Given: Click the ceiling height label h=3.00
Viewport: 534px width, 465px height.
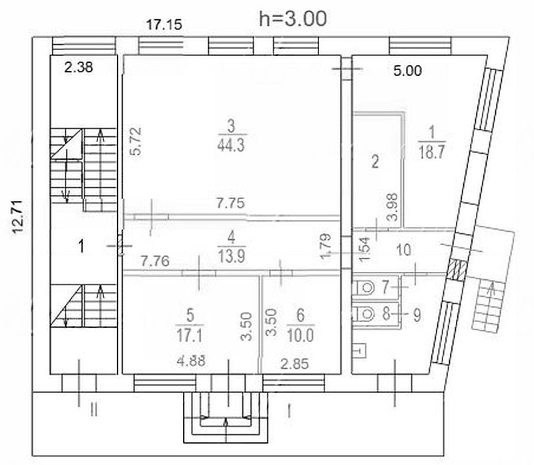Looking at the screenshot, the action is coord(293,19).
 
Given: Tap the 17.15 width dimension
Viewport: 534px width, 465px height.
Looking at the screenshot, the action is coord(164,25).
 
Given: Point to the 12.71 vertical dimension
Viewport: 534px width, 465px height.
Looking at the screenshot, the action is coord(18,217).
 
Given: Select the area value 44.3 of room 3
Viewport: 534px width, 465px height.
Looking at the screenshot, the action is coord(231,146).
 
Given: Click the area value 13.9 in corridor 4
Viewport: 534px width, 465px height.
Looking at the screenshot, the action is coord(232,256).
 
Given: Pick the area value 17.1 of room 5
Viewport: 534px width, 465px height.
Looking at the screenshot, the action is coord(190,336).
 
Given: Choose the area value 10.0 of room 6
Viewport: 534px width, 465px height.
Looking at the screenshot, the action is coord(300,336).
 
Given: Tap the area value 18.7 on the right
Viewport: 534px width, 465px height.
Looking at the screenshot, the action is coord(431,152).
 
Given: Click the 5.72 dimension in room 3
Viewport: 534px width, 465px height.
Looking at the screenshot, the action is coord(136,142).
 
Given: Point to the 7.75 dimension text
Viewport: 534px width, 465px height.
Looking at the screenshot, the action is coord(231,203).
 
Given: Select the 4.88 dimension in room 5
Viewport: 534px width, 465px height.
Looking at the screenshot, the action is coord(191,361).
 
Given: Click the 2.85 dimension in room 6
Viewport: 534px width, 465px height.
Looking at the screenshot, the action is coord(294,364).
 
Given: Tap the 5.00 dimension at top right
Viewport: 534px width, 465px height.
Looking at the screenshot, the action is coord(408,71).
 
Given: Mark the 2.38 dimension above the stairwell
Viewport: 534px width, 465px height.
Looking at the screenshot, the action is coord(79,67).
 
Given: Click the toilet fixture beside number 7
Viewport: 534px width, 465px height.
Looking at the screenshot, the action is coord(364,288).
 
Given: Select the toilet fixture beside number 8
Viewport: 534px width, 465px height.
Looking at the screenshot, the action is coord(364,314).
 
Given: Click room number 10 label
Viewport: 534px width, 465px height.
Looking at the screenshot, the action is coord(404,251).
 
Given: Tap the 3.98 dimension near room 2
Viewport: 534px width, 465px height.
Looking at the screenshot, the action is coord(393,207).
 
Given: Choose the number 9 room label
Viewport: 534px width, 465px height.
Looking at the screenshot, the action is coord(417,315).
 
